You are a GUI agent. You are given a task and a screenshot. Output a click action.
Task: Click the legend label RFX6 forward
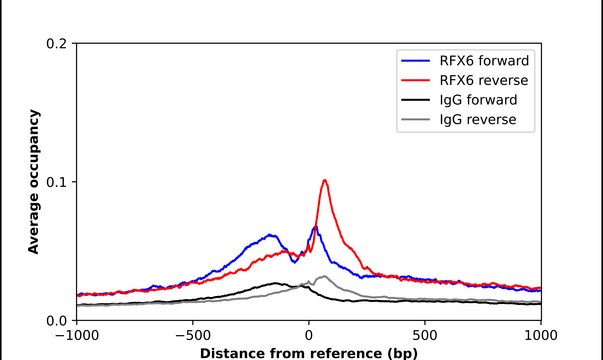point(484,61)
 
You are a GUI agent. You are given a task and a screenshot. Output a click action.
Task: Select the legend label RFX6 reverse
point(484,81)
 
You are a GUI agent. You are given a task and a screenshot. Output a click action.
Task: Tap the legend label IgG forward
point(477,101)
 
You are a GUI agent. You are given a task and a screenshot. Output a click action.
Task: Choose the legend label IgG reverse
point(477,121)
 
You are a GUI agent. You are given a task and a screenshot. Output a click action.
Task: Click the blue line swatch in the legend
point(417,61)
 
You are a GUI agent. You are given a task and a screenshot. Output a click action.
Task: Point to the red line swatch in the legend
point(417,81)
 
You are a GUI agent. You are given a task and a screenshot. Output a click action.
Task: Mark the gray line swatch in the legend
point(417,121)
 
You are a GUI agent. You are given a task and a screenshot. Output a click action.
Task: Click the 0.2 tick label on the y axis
point(56,44)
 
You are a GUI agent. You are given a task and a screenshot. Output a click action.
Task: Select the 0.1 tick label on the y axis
point(56,182)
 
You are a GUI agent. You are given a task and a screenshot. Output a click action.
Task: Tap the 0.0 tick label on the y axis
point(56,320)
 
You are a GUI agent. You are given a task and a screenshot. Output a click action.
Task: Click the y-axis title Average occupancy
point(34,182)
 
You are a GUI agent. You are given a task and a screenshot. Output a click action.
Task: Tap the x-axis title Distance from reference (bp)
point(308,353)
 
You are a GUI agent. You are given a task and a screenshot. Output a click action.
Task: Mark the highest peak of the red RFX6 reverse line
point(325,180)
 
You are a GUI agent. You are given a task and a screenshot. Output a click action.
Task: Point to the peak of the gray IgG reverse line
point(323,276)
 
